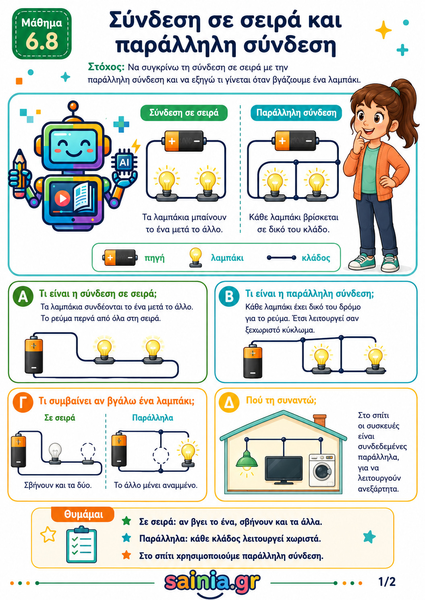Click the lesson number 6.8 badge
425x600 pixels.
[42, 34]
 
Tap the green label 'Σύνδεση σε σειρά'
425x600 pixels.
[184, 113]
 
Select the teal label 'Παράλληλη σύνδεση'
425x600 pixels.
[296, 113]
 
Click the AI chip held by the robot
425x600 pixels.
[124, 162]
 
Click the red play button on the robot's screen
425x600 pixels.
[62, 198]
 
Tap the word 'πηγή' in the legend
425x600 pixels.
[154, 258]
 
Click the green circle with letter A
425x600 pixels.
[23, 297]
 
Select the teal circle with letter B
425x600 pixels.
[229, 297]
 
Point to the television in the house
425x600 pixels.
[284, 470]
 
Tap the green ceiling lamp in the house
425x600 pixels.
[247, 461]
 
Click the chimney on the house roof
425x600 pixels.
[320, 420]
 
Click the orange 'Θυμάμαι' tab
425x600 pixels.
[83, 514]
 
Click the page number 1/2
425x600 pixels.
[387, 582]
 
